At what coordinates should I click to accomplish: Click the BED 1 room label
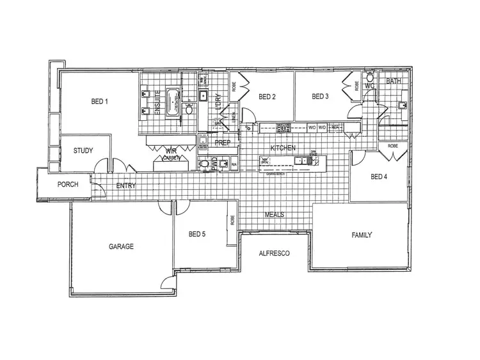(x=99, y=101)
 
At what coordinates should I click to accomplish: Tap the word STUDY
(x=83, y=151)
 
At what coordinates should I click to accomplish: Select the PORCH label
(x=68, y=184)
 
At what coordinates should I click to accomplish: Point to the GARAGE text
(x=121, y=246)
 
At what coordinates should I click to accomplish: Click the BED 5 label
(x=197, y=235)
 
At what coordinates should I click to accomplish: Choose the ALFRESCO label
(x=274, y=253)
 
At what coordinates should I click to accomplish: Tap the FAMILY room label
(x=362, y=235)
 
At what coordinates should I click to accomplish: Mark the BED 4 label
(x=379, y=176)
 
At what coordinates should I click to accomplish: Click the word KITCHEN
(x=283, y=148)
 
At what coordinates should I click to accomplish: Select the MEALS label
(x=275, y=215)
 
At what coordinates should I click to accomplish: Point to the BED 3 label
(x=320, y=97)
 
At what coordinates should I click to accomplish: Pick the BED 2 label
(x=267, y=97)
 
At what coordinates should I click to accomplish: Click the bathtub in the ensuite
(x=172, y=101)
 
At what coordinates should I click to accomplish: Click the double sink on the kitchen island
(x=301, y=161)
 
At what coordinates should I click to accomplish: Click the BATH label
(x=393, y=81)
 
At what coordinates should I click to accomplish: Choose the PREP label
(x=222, y=143)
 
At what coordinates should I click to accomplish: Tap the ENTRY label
(x=126, y=186)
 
